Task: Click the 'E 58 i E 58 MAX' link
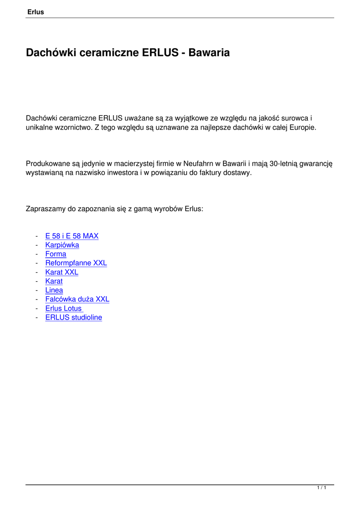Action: (72, 236)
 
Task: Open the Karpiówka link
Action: (62, 245)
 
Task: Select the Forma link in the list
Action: (56, 254)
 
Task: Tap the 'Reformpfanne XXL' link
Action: (76, 263)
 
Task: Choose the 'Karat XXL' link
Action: (62, 272)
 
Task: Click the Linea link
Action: (54, 290)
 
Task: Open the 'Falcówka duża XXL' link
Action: (77, 299)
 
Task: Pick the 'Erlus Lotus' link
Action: (64, 309)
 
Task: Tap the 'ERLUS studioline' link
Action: (73, 317)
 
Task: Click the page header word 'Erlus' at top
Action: (35, 12)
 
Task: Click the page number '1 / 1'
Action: (322, 489)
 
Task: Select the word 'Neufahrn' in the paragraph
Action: (199, 163)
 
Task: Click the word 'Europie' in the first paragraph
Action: (302, 127)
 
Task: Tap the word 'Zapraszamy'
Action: (46, 209)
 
